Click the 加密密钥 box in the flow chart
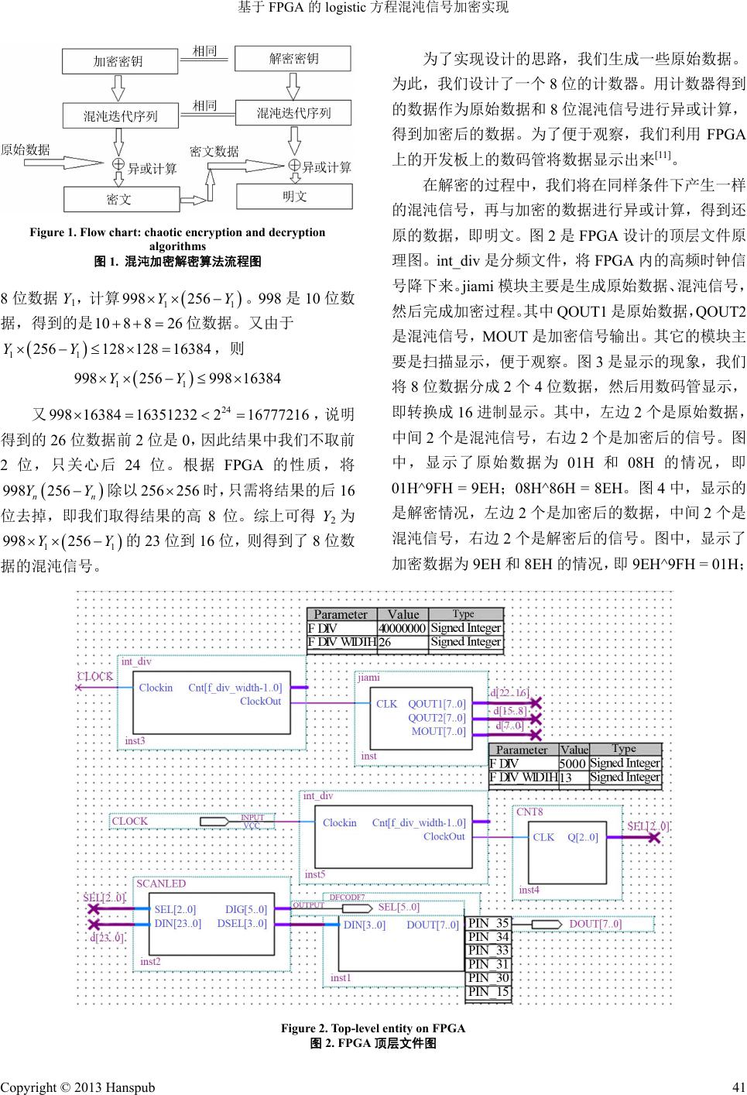[118, 61]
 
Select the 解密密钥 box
[293, 58]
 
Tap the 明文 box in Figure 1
[294, 197]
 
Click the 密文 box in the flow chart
[119, 199]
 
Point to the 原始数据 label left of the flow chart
[25, 149]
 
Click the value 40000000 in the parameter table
[402, 628]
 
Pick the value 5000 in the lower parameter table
[572, 763]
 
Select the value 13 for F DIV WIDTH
[566, 777]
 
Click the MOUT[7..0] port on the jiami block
[438, 731]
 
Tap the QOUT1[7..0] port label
[437, 704]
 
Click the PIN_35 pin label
[488, 923]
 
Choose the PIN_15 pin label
[488, 991]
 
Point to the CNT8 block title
[529, 812]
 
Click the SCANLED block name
[161, 884]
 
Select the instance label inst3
[135, 740]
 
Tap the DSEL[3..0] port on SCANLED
[242, 923]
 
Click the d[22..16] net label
[509, 692]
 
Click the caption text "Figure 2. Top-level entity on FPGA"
[373, 1028]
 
